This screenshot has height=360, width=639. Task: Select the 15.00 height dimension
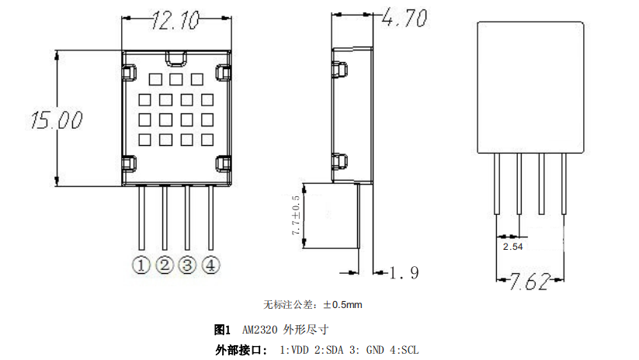[x=55, y=120]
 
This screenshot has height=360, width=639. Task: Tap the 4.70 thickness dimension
[x=405, y=19]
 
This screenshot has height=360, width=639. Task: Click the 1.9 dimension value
[x=404, y=272]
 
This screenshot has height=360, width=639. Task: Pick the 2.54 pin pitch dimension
[x=512, y=246]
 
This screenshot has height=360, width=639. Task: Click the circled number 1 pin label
[x=141, y=265]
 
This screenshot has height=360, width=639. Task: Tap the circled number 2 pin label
[x=164, y=265]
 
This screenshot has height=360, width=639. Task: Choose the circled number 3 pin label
[x=187, y=265]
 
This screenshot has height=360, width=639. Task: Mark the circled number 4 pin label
[x=210, y=265]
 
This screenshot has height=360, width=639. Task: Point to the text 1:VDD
[x=294, y=350]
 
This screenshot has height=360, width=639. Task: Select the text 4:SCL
[x=404, y=350]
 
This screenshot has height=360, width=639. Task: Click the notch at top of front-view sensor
[x=175, y=56]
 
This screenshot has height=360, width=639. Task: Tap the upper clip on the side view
[x=339, y=67]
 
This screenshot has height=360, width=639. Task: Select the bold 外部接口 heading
[x=241, y=350]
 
